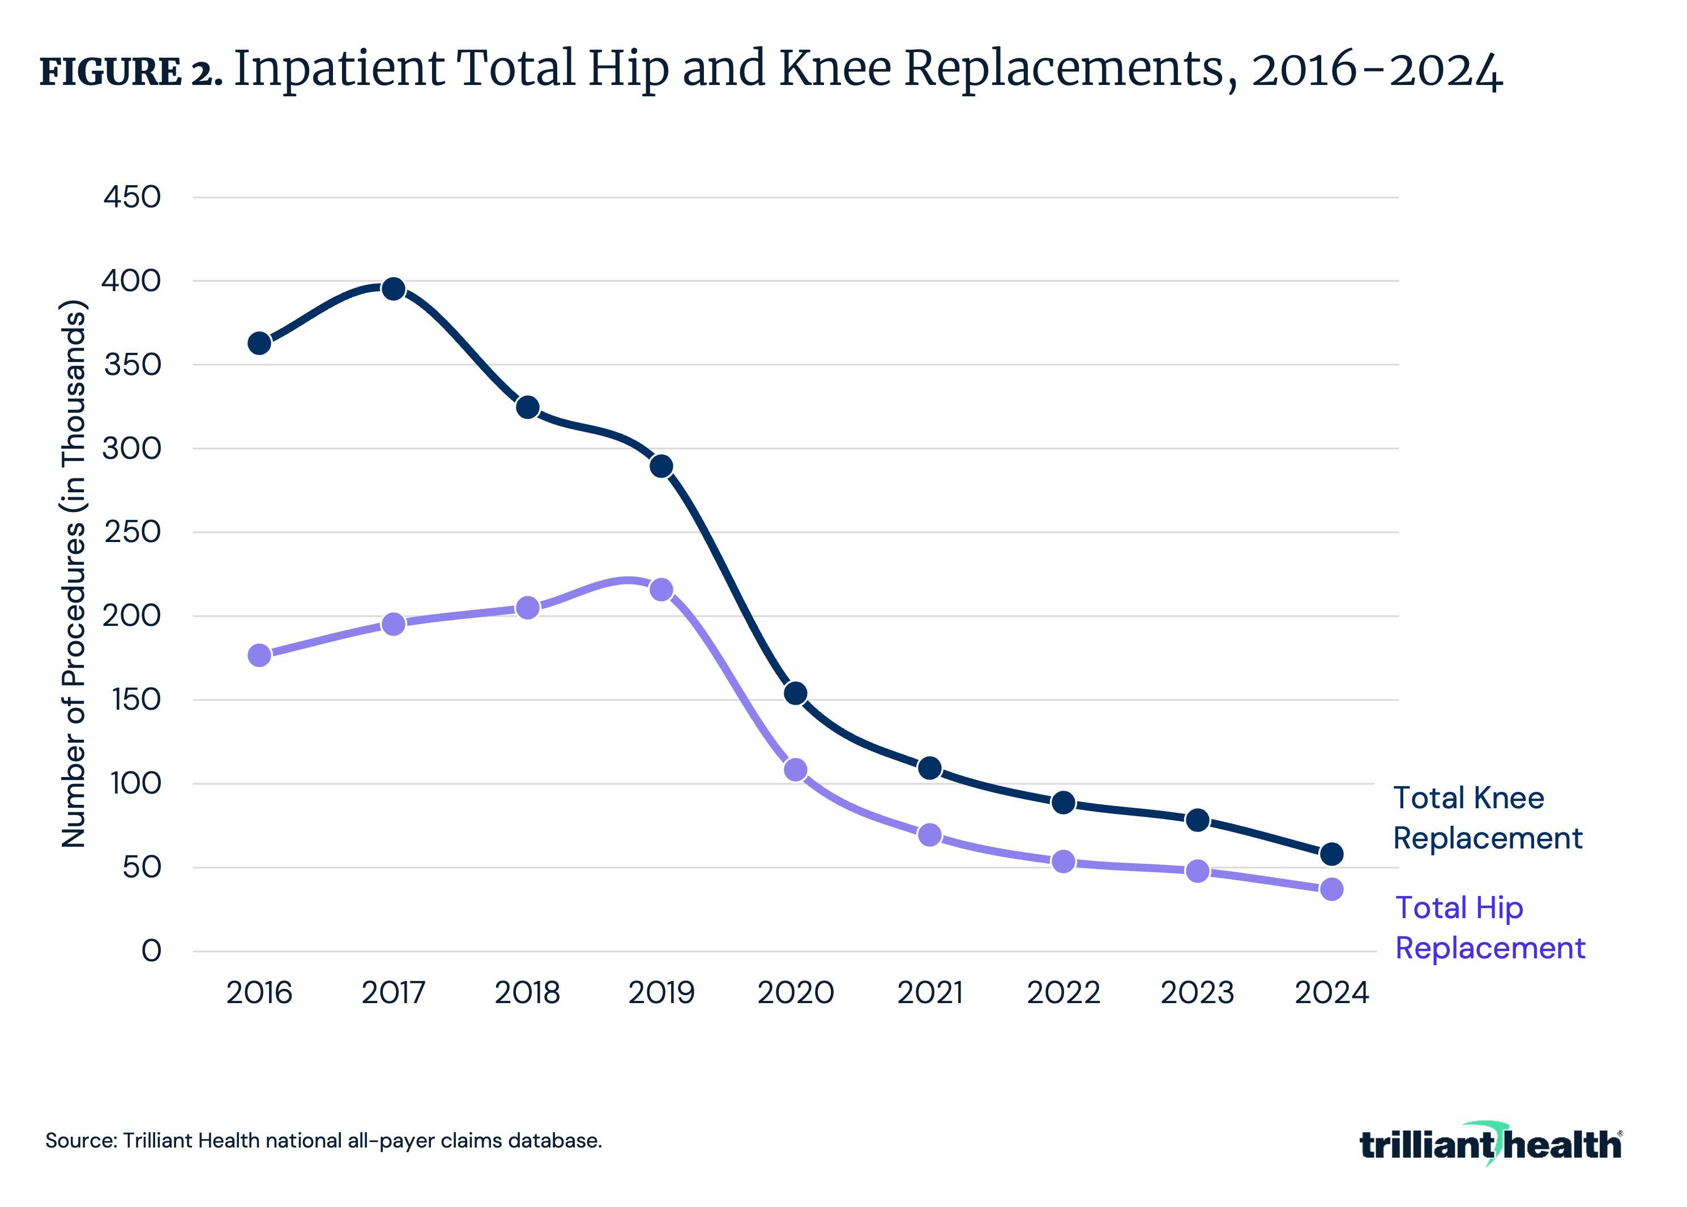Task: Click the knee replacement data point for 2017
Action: click(393, 289)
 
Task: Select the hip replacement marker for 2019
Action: click(661, 590)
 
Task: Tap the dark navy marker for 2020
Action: click(795, 693)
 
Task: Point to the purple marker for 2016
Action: click(259, 655)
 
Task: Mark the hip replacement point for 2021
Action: click(930, 835)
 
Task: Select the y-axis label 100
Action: click(136, 783)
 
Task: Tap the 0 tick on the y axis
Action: click(152, 950)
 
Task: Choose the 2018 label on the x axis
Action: click(527, 993)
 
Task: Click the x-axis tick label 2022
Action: click(1064, 993)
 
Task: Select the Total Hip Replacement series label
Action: click(1489, 928)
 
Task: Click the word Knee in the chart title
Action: click(835, 69)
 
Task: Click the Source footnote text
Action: click(323, 1141)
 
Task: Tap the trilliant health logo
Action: click(1490, 1145)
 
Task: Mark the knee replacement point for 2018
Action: click(527, 407)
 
